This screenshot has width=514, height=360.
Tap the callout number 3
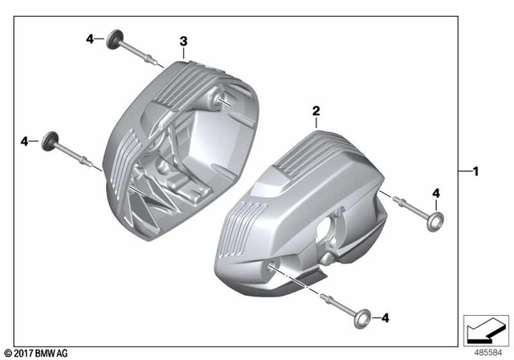click(183, 40)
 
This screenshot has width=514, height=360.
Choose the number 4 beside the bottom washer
click(385, 318)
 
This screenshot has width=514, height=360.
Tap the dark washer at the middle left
click(51, 138)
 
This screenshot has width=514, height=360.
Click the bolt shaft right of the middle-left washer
click(80, 157)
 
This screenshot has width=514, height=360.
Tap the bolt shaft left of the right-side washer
click(409, 207)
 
